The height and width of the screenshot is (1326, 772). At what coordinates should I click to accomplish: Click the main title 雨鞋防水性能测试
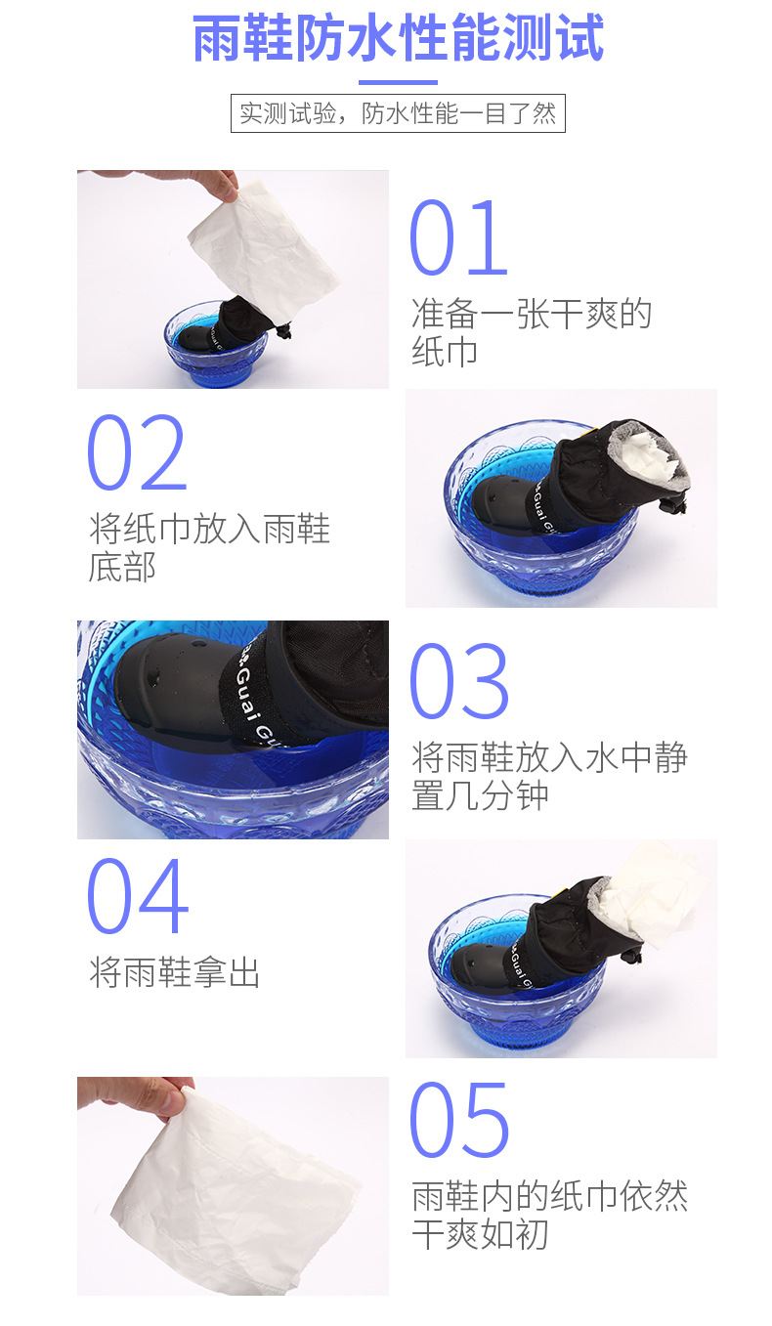[398, 38]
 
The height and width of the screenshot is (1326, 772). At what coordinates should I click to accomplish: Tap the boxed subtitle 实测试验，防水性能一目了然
[398, 113]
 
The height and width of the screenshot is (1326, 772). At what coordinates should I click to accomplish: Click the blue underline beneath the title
[398, 82]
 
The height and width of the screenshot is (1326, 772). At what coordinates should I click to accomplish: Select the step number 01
[458, 237]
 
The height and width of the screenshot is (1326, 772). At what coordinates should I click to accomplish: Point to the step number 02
[137, 452]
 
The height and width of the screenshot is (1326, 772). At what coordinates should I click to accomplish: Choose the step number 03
[459, 681]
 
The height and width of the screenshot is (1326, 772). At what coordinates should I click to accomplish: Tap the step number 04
[138, 896]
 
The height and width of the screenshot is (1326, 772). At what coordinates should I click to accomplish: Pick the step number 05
[459, 1120]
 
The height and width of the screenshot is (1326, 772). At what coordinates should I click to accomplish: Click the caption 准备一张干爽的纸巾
[531, 332]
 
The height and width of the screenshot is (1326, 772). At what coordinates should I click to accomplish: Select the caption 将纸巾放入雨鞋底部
[209, 547]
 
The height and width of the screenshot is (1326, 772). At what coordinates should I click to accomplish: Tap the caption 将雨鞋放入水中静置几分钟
[549, 776]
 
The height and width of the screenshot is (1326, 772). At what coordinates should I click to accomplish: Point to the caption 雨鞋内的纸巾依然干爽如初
[549, 1215]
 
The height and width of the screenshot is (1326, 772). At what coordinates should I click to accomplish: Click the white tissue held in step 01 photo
[264, 251]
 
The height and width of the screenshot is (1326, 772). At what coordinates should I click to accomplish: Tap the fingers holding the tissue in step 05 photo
[135, 1094]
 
